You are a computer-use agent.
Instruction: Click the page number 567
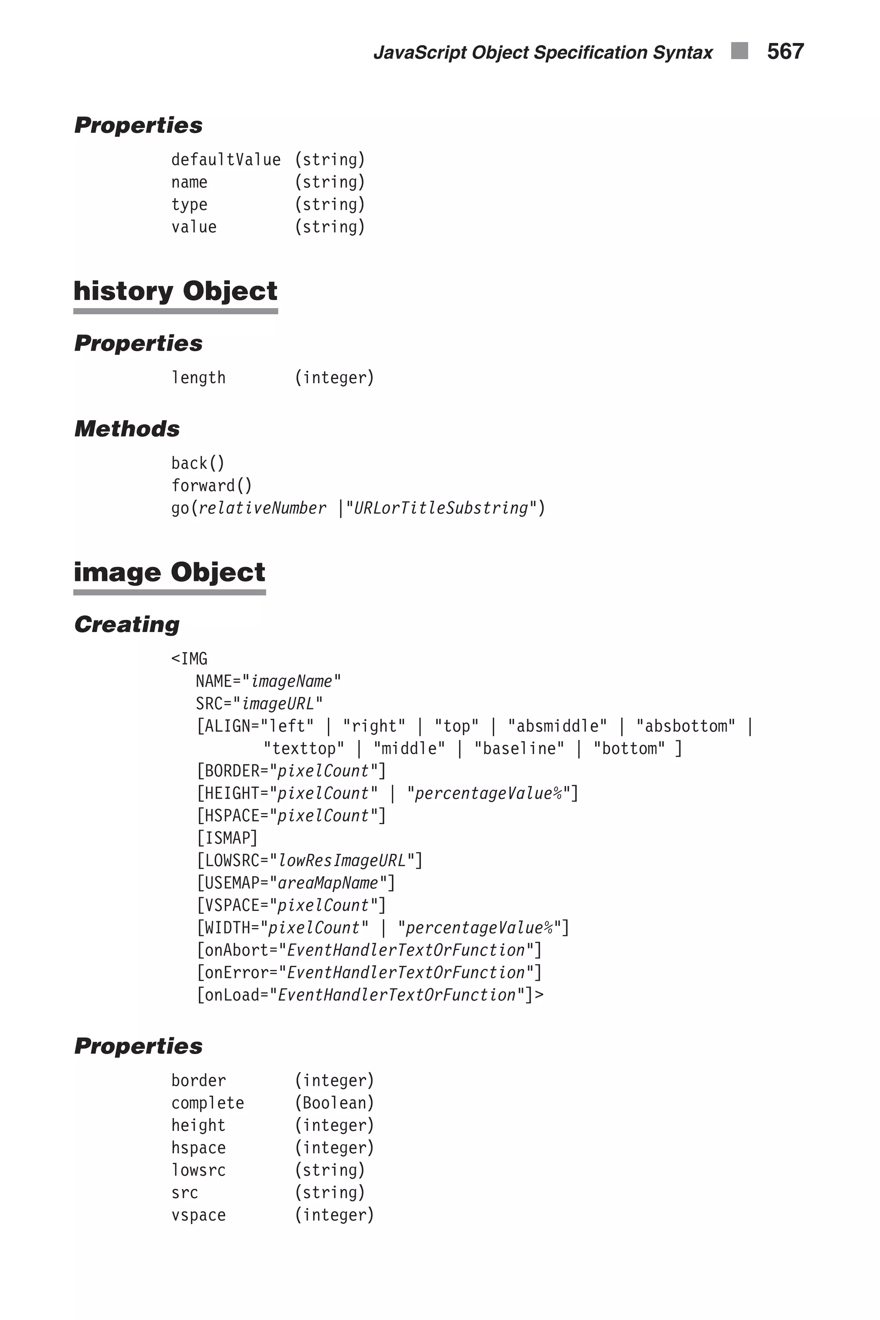(x=785, y=52)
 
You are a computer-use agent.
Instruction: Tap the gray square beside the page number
(x=739, y=51)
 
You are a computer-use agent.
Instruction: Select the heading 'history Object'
(x=175, y=291)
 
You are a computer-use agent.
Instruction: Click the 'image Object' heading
(x=169, y=572)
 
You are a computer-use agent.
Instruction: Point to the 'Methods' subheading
(x=127, y=429)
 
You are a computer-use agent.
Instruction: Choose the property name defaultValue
(x=226, y=160)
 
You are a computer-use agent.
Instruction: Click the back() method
(x=198, y=464)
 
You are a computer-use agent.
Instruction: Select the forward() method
(x=211, y=486)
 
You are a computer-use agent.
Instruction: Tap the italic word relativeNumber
(x=262, y=508)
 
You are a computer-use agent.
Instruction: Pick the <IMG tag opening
(x=189, y=659)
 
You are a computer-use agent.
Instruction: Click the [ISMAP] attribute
(x=227, y=838)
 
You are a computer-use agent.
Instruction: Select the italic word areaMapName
(x=328, y=883)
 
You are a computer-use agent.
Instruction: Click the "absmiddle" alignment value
(x=557, y=726)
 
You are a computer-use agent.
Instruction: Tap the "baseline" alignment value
(x=519, y=749)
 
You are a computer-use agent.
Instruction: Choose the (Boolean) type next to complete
(x=334, y=1103)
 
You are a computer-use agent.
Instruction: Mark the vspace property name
(x=198, y=1216)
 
